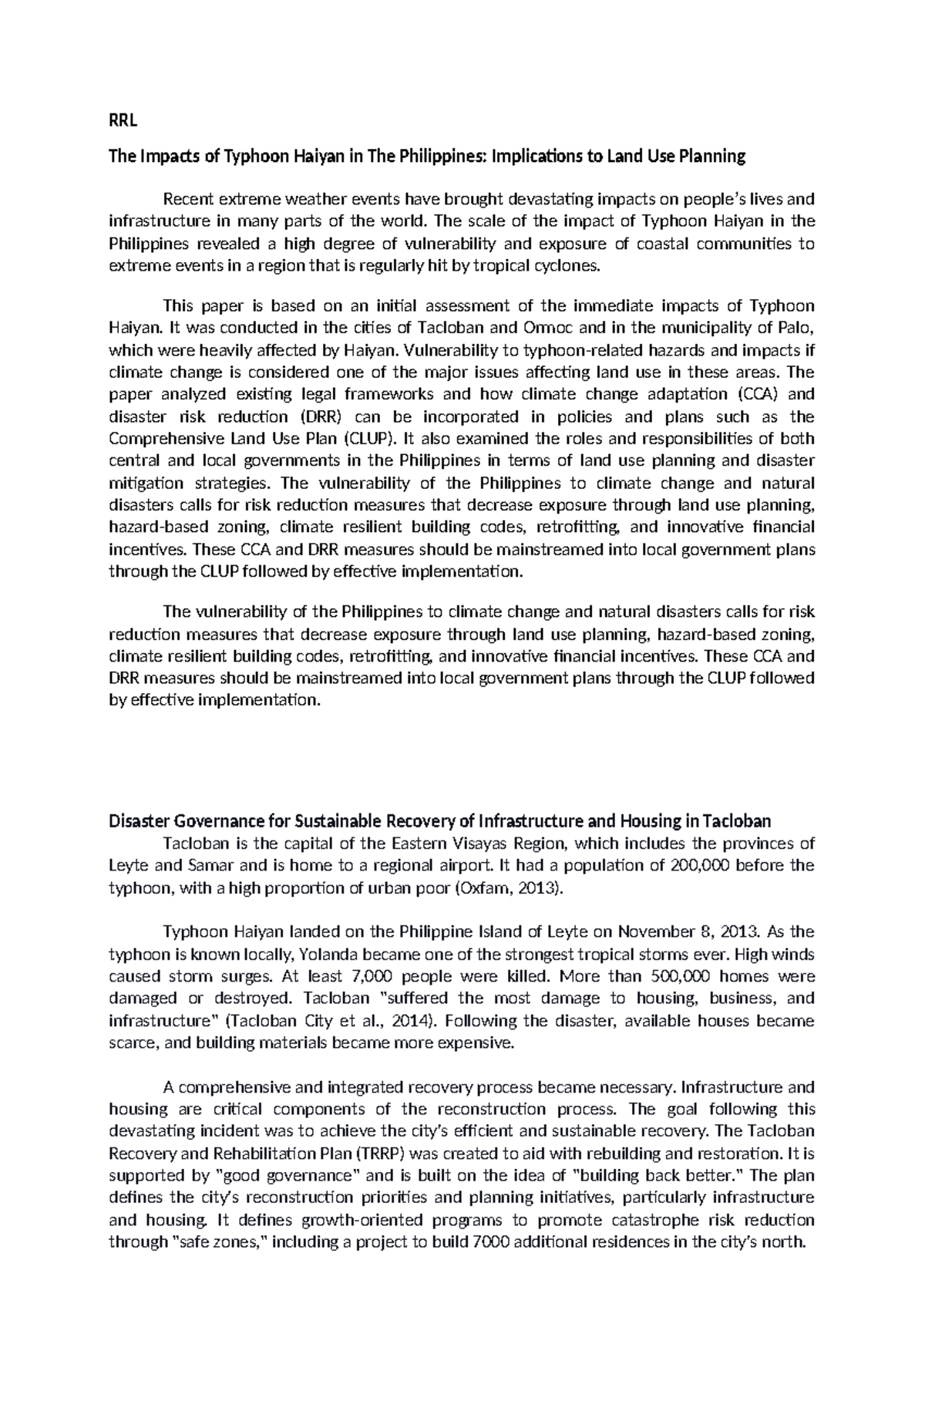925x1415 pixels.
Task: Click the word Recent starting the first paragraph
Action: [189, 200]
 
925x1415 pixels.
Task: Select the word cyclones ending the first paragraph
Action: [567, 267]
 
